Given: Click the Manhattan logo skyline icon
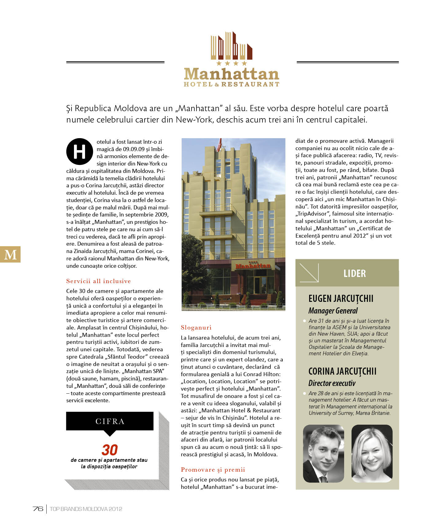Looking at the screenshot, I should click(231, 46).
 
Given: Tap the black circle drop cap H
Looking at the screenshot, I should click(80, 152).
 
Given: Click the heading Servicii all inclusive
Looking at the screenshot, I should click(99, 281).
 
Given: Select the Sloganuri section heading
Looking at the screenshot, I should click(196, 327).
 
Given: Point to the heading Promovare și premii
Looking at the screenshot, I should click(213, 470).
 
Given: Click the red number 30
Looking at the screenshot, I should click(110, 450).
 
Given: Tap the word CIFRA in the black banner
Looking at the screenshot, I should click(110, 421).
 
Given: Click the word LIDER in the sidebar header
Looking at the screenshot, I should click(355, 273).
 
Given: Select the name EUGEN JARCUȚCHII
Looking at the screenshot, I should click(341, 298).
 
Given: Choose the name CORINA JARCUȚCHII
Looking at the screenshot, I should click(342, 371).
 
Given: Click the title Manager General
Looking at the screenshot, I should click(333, 311).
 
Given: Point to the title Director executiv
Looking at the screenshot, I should click(332, 383).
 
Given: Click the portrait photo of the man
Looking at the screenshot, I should click(323, 454).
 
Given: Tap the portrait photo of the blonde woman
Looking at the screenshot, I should click(372, 454).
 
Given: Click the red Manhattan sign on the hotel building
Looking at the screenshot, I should click(253, 266).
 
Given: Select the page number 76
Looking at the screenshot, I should click(38, 509).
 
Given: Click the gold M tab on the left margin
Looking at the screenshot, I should click(10, 254).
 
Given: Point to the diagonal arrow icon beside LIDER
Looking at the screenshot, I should click(309, 272).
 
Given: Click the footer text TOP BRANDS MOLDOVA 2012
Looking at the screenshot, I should click(86, 509).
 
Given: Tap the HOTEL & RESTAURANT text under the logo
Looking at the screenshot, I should click(231, 84).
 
